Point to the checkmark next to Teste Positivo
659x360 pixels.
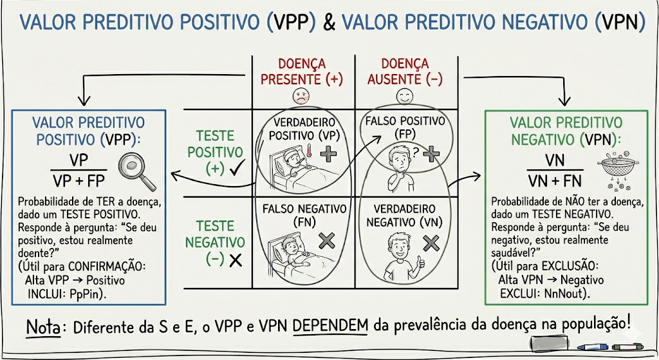pyautogui.click(x=234, y=169)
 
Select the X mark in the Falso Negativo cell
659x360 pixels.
pyautogui.click(x=327, y=241)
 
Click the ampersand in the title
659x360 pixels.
pyautogui.click(x=329, y=24)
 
